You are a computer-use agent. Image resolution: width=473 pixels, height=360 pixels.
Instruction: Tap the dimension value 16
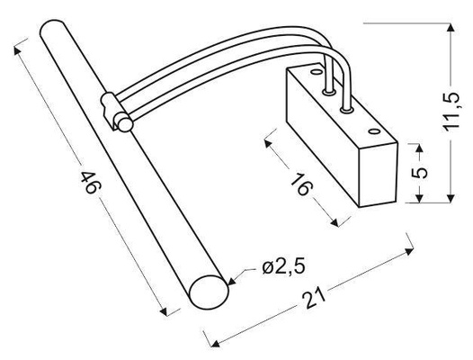(301, 184)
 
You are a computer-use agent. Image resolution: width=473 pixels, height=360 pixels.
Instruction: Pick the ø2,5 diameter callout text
(282, 267)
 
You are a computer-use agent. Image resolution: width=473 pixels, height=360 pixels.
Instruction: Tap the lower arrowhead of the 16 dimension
(338, 225)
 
